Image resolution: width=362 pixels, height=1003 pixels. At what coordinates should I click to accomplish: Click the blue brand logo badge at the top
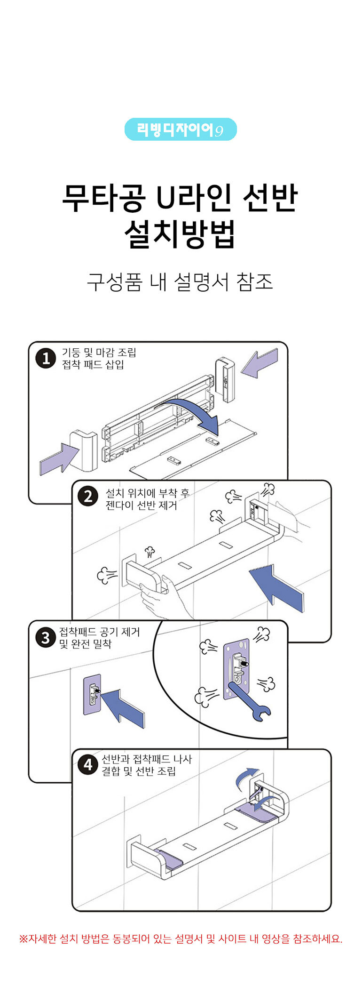181,129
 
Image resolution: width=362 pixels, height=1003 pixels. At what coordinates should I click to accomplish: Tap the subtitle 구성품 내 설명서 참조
181,282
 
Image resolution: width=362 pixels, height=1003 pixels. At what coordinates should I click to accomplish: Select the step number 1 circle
46,359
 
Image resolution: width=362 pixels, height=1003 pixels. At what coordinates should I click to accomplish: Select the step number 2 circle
88,497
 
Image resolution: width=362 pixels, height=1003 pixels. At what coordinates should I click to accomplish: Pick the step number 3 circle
46,638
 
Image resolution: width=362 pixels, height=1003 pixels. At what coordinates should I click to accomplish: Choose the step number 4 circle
87,765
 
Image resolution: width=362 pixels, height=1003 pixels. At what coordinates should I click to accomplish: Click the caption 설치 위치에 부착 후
147,493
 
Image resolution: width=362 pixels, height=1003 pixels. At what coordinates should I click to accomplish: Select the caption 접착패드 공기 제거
99,632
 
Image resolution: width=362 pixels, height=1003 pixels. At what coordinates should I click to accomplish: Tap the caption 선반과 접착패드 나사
147,759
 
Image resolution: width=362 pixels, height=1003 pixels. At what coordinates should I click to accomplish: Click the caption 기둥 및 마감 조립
99,353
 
